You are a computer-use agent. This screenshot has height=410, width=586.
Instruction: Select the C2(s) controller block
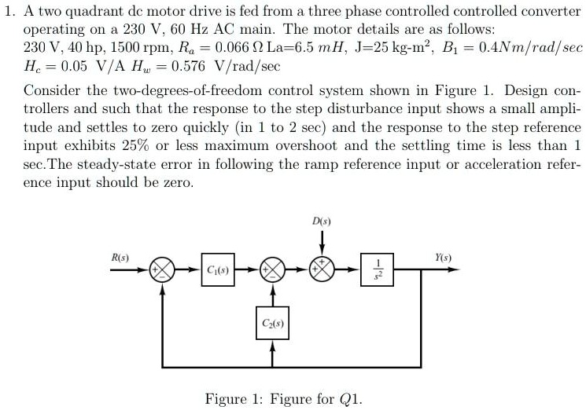[272, 323]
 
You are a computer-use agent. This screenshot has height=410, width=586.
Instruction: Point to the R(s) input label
[120, 257]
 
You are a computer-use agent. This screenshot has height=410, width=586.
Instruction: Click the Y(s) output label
[444, 257]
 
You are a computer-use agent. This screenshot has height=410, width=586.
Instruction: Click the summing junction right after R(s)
[163, 271]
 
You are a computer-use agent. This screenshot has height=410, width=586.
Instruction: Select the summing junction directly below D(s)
[321, 271]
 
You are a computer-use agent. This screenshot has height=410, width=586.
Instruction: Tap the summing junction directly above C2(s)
[272, 271]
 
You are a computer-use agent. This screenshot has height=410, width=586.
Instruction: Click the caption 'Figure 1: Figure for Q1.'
[284, 398]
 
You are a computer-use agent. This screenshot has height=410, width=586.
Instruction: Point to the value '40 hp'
[79, 48]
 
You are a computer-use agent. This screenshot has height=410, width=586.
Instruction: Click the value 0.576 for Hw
[188, 65]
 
